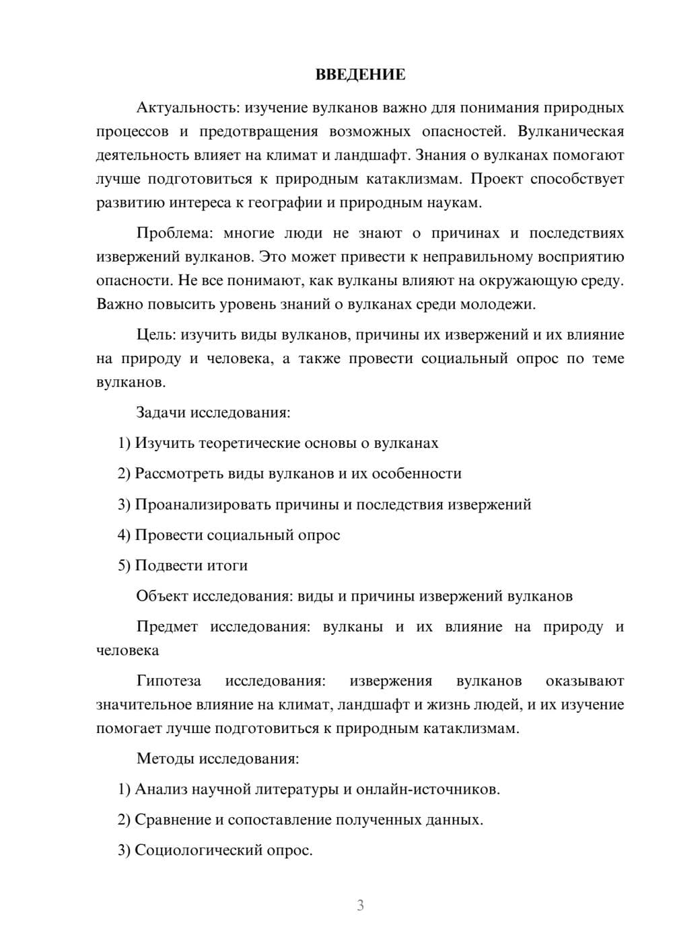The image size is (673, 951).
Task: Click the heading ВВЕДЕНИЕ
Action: point(360,75)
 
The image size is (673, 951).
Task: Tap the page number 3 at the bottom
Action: point(360,905)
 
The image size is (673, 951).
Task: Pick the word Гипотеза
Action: point(169,681)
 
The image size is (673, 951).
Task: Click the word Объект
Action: point(162,597)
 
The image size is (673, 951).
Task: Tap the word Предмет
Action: point(167,627)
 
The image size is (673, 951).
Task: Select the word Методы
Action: point(165,759)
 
